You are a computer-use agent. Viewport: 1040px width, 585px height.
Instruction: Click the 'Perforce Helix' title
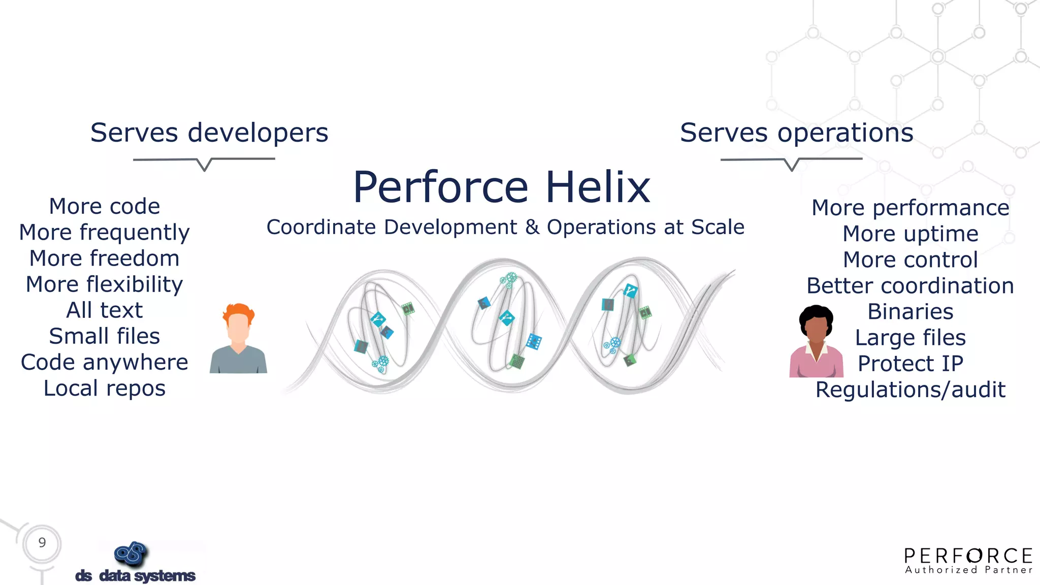point(501,187)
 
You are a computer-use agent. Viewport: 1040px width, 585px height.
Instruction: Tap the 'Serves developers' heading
point(209,133)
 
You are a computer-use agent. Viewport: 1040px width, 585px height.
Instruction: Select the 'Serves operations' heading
point(796,133)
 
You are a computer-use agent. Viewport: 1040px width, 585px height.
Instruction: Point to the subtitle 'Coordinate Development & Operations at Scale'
point(505,227)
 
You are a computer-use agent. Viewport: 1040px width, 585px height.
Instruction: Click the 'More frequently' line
point(104,233)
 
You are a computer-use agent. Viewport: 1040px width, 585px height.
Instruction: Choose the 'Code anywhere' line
point(104,363)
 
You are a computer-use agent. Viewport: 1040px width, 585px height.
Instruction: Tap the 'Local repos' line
point(104,388)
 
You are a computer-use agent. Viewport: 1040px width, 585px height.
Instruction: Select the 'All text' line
point(104,310)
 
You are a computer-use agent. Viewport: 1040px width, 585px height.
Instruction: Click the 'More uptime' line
point(910,234)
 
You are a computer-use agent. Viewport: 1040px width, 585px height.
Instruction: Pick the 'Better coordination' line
point(910,286)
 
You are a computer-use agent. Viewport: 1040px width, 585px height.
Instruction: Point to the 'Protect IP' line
point(910,364)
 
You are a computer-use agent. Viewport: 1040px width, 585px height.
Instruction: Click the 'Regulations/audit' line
point(910,390)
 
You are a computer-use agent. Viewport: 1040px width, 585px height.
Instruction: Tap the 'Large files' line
point(910,338)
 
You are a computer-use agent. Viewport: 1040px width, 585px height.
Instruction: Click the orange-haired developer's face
point(238,328)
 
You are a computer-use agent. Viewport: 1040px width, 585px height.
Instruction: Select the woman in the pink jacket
point(816,343)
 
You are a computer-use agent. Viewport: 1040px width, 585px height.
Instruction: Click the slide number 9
point(42,543)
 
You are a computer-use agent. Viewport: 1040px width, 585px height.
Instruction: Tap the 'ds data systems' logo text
point(135,576)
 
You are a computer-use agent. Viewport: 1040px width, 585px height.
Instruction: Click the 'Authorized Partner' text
point(968,570)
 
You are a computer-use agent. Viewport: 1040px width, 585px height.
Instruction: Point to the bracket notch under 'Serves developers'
point(204,167)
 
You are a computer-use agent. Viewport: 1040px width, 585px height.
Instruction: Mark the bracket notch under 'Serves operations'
point(791,167)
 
